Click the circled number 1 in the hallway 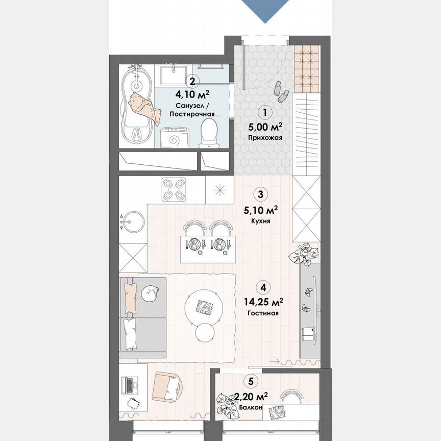click(265, 111)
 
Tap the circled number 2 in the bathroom click(192, 81)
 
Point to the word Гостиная click(262, 314)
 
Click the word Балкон click(251, 408)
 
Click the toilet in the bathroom click(208, 132)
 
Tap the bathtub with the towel click(138, 105)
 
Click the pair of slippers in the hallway click(281, 89)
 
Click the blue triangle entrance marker click(265, 10)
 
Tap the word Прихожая click(265, 138)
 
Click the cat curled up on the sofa click(151, 293)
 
